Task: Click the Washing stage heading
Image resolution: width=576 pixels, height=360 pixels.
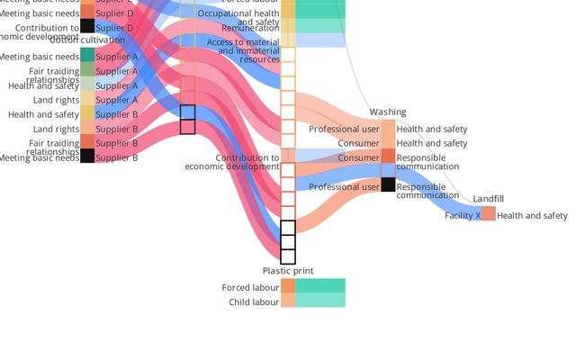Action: pos(388,112)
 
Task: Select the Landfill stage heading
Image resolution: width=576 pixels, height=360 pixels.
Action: pos(489,199)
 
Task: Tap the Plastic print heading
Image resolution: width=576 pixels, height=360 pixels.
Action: pos(288,271)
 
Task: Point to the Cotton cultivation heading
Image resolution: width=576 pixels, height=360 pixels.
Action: pos(87,40)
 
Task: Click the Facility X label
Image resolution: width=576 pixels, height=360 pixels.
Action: pos(463,216)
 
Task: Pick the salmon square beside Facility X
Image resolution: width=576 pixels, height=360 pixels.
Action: pos(488,214)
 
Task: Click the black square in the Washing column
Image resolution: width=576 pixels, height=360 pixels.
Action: pos(388,185)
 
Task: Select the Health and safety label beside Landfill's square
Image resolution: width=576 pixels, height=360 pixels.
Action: pos(532,216)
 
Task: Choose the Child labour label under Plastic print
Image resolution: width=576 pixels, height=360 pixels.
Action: pos(254,302)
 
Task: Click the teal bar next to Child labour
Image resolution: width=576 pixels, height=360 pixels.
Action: pos(319,301)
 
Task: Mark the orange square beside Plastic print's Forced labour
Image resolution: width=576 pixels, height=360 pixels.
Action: pos(288,286)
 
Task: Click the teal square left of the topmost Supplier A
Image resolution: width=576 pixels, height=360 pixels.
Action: pos(87,56)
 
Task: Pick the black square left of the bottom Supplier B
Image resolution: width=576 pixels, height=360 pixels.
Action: pos(87,157)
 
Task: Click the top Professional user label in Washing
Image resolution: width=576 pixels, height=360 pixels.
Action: pos(344,130)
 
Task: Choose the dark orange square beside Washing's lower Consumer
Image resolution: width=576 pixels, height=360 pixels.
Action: pos(388,157)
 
